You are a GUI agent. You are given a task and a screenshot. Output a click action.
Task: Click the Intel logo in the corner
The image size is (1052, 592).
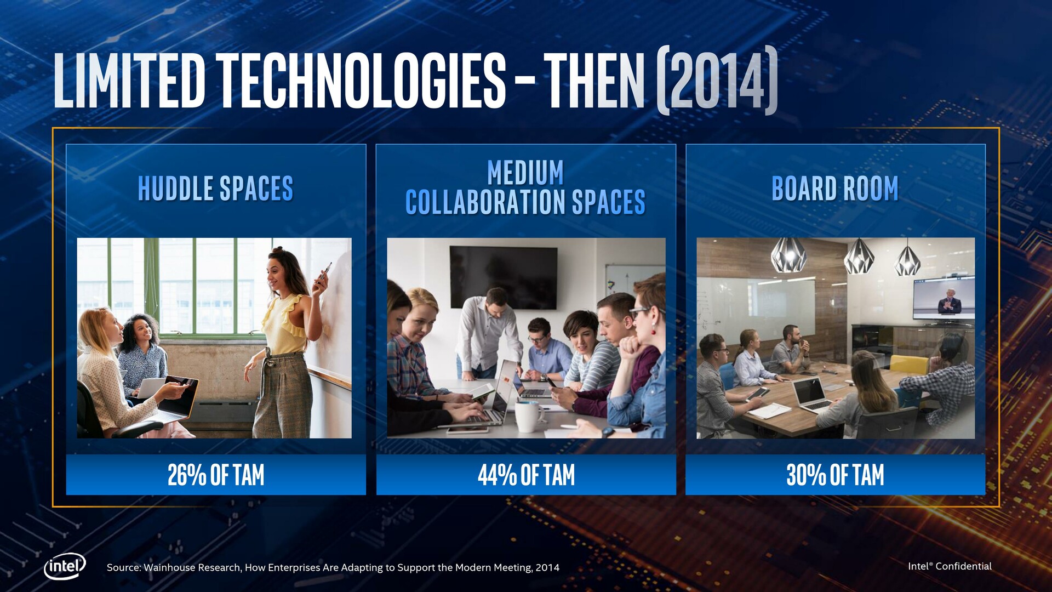coord(65,566)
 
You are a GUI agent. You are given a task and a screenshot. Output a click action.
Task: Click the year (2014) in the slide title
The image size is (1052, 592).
coord(717,81)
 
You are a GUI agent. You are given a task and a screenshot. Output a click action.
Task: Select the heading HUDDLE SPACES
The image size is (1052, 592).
coord(215,189)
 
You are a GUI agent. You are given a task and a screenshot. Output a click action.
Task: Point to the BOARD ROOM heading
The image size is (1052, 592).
coord(835,189)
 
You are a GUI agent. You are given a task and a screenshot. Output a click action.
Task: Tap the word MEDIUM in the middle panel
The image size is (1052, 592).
coord(525,173)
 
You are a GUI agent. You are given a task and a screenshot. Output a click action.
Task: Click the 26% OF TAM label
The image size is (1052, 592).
coord(216,475)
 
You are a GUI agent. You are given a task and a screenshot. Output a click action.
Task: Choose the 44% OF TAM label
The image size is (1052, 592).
coord(526,475)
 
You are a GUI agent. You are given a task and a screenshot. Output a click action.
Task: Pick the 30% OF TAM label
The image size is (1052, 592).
coord(835,475)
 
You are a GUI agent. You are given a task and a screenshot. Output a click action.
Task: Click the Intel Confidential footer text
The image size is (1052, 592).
coord(950,566)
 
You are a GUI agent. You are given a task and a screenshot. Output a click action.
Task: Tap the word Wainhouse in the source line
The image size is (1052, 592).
coord(167,568)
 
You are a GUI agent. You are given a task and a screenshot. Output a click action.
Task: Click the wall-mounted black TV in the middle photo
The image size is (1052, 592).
coord(504,277)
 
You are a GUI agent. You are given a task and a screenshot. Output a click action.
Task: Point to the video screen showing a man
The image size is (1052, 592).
coord(944,298)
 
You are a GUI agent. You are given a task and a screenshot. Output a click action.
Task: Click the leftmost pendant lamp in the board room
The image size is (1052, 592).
coord(788,254)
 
